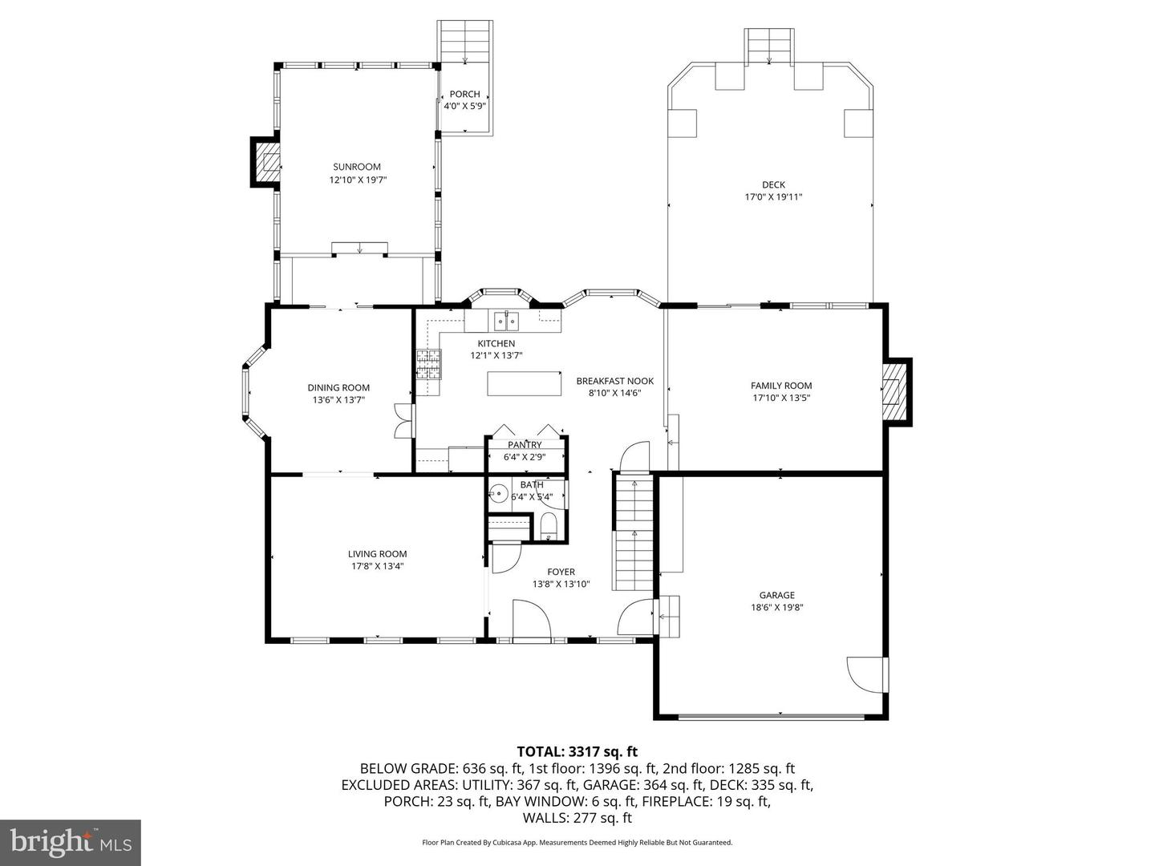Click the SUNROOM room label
pyautogui.click(x=357, y=167)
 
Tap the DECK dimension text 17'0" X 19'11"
pyautogui.click(x=773, y=197)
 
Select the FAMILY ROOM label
pyautogui.click(x=781, y=386)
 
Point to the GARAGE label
pyautogui.click(x=776, y=595)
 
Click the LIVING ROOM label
pyautogui.click(x=377, y=554)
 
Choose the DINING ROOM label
pyautogui.click(x=338, y=387)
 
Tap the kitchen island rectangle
pyautogui.click(x=524, y=383)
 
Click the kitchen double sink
pyautogui.click(x=506, y=322)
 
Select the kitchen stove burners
pyautogui.click(x=428, y=365)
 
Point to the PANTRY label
pyautogui.click(x=525, y=445)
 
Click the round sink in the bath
pyautogui.click(x=499, y=493)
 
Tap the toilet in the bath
pyautogui.click(x=549, y=527)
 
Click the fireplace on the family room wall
pyautogui.click(x=895, y=391)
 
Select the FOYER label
pyautogui.click(x=561, y=572)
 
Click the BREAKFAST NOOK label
pyautogui.click(x=614, y=381)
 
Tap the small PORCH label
pyautogui.click(x=464, y=95)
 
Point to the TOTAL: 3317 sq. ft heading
pyautogui.click(x=577, y=751)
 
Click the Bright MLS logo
pyautogui.click(x=71, y=841)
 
